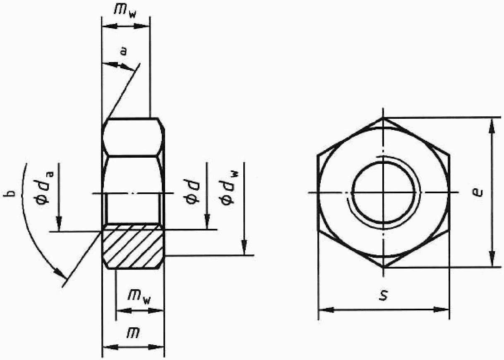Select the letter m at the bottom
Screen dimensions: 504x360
pos(133,333)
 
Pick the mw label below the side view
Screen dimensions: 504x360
pos(139,297)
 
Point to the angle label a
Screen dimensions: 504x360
pos(123,51)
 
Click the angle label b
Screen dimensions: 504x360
pos(10,193)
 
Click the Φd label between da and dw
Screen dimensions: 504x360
pos(192,192)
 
